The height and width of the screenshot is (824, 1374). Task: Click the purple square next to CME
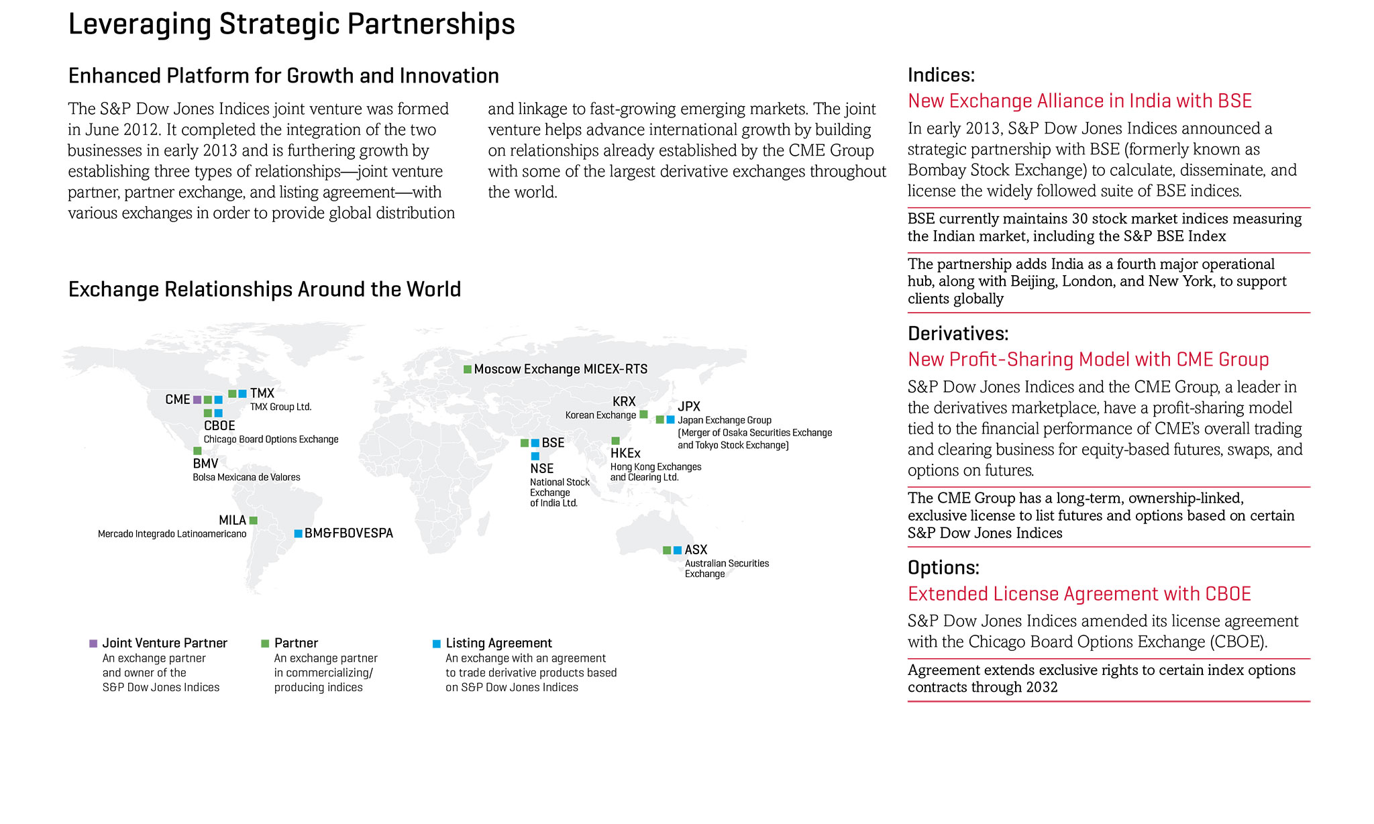197,400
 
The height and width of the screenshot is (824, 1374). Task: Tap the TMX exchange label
262,393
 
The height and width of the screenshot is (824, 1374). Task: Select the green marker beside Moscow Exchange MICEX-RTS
468,369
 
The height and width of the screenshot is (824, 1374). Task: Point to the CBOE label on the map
219,425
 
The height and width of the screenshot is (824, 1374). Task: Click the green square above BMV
197,451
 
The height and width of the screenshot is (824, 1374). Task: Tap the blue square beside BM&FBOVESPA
298,533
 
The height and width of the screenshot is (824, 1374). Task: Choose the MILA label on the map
232,520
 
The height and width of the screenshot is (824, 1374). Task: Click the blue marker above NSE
535,456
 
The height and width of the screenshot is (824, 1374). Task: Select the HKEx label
625,454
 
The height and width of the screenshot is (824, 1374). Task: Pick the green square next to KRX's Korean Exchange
643,415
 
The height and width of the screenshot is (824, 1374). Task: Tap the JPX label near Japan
689,406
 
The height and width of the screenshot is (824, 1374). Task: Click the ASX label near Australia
696,550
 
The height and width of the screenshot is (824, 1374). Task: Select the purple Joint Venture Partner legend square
93,643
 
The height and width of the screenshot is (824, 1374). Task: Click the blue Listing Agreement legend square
437,643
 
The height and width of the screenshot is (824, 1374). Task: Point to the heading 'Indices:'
941,75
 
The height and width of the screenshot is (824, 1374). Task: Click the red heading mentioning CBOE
1079,594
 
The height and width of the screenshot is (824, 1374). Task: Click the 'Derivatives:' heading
957,333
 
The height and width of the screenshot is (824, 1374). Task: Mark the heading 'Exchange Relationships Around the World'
264,289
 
